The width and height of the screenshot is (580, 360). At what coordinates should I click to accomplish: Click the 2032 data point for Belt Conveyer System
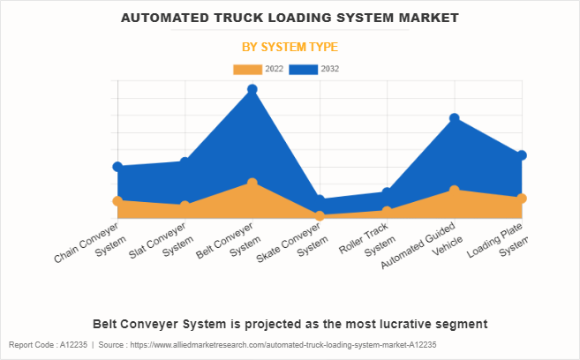coord(252,89)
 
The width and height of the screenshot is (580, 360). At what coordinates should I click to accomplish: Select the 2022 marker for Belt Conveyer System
coord(252,183)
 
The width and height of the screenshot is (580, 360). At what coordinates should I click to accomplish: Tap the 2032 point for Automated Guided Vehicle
coord(454,118)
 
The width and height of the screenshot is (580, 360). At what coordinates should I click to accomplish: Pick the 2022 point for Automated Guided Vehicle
coord(454,190)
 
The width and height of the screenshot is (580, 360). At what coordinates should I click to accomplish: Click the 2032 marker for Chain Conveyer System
coord(117,167)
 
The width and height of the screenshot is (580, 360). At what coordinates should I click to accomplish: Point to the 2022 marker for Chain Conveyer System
coord(117,201)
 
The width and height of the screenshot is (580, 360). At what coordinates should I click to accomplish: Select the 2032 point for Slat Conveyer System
coord(185,161)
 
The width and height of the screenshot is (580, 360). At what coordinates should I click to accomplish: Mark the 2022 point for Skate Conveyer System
coord(320,216)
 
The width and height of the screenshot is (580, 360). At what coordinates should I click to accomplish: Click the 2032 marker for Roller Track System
coord(387,192)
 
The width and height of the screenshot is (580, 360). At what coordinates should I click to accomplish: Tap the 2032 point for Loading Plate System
coord(522,155)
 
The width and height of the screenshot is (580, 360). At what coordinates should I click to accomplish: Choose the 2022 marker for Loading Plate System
coord(522,199)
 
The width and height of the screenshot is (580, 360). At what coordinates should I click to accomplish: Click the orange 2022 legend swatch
coord(247,69)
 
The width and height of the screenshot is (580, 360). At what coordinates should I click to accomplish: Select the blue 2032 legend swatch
coord(304,69)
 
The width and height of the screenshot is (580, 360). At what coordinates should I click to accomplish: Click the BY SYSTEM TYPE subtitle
coord(290,47)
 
